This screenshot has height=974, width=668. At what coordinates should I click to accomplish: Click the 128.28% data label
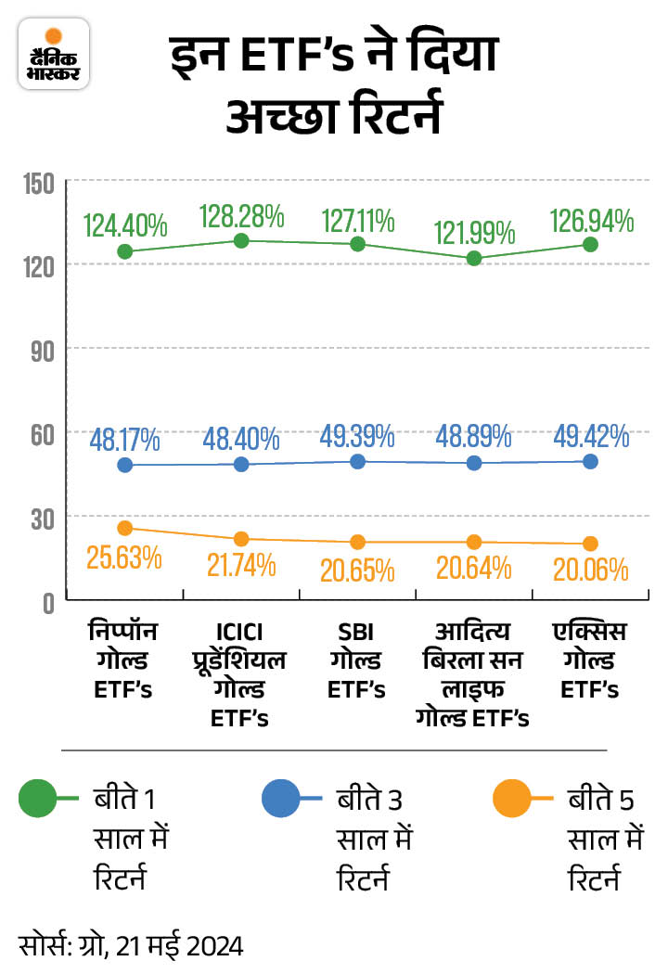pos(241,217)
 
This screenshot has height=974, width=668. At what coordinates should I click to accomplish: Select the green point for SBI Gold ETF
pos(357,244)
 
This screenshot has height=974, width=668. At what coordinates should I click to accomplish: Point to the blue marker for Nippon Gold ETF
pos(125,465)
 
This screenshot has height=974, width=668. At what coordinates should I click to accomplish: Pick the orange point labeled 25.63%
pos(125,528)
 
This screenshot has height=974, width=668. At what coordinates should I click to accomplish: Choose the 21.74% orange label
pos(241,563)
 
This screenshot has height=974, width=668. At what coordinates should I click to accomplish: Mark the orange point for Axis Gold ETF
pos(589,544)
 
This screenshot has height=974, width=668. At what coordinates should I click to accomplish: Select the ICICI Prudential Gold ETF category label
pos(241,674)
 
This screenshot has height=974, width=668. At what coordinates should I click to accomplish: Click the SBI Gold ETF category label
pos(357,660)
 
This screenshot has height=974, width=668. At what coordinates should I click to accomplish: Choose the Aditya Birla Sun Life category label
pos(473,674)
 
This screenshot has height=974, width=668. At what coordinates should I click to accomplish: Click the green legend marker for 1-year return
pos(41,797)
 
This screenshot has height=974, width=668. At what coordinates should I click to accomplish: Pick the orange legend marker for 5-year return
pos(512,797)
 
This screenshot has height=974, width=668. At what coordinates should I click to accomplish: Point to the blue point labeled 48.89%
pos(473,463)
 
